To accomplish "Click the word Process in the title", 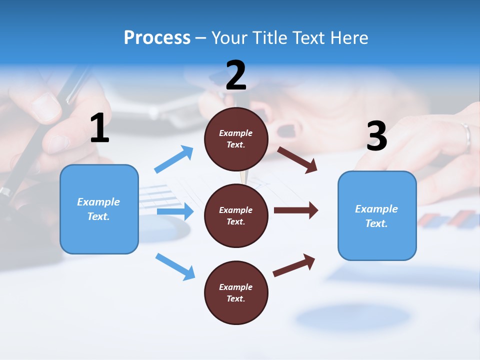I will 157,38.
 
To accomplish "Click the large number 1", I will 99,128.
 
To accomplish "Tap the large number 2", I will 236,75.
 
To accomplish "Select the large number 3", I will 376,136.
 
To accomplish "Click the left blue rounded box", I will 99,209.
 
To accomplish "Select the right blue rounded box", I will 377,216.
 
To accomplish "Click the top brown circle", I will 236,139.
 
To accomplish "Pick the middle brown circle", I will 236,216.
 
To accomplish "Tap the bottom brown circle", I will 236,293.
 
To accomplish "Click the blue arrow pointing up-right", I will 173,159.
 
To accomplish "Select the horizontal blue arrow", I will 175,211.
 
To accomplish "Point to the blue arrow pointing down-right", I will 175,266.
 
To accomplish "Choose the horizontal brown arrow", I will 296,210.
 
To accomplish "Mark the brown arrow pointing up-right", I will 294,265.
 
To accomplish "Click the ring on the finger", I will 466,136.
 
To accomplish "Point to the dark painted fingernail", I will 286,131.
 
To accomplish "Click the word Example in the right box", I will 376,209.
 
